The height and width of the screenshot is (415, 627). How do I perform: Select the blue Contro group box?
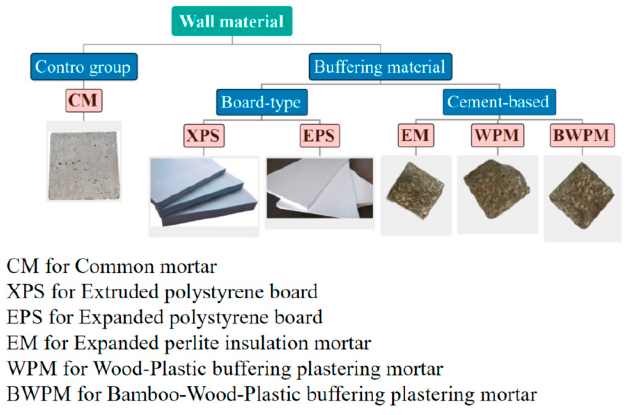coord(84,67)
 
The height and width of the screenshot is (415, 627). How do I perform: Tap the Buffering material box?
coord(380,67)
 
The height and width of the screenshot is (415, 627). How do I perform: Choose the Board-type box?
coord(262,102)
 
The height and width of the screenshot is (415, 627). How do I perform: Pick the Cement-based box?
coord(499,102)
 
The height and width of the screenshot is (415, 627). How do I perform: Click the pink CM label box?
coord(84,101)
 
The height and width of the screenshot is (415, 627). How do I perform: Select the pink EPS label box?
coord(320,136)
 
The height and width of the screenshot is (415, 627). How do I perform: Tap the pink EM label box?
coord(416,136)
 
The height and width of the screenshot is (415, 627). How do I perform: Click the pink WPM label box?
coord(497,136)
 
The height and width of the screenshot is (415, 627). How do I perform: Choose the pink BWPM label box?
coord(582,136)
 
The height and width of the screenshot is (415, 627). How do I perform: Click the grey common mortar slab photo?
coord(84,165)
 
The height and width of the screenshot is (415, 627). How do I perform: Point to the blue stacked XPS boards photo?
coord(203,192)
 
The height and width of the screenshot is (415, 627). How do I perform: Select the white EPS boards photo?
coord(320,188)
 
